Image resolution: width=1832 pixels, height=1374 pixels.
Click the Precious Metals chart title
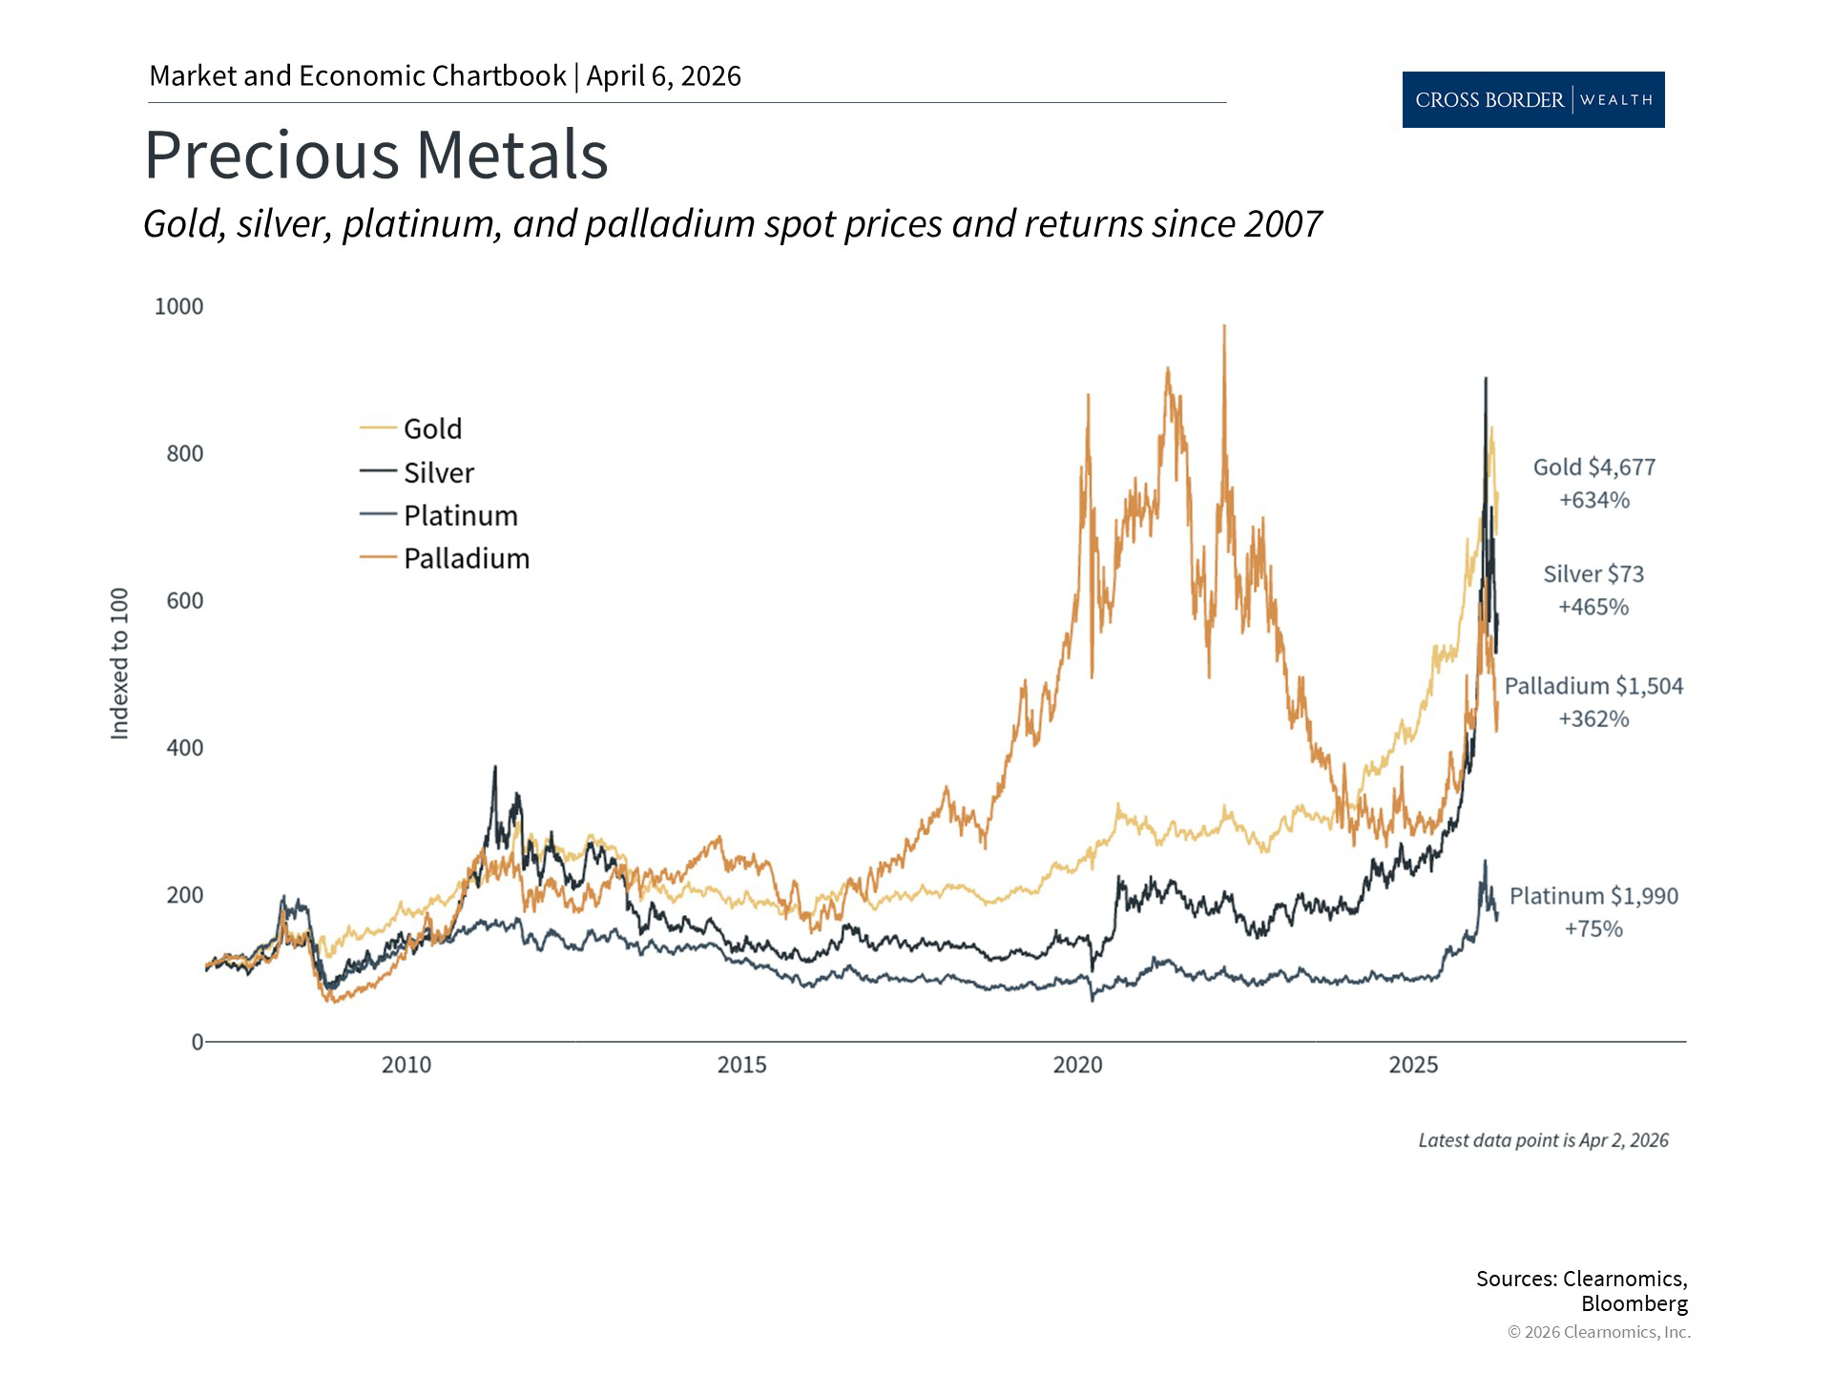click(x=376, y=155)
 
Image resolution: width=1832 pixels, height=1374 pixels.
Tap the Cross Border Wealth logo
click(x=1532, y=99)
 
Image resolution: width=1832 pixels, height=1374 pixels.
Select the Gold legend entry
click(x=431, y=429)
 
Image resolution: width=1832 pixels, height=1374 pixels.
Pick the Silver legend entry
click(x=438, y=472)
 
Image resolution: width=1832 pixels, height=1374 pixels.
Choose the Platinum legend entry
click(x=460, y=515)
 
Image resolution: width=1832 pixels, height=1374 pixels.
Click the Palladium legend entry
click(x=466, y=558)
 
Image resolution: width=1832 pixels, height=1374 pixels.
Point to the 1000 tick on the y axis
click(x=178, y=306)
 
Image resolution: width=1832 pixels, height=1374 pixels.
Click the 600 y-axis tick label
click(x=184, y=600)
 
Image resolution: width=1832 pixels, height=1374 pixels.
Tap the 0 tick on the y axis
click(x=197, y=1042)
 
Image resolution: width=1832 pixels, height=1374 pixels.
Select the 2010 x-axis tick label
click(x=406, y=1065)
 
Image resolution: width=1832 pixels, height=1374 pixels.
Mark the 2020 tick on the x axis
click(x=1077, y=1065)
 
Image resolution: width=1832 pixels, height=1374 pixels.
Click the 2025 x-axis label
click(x=1413, y=1065)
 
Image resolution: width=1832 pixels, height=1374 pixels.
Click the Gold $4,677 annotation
click(x=1593, y=468)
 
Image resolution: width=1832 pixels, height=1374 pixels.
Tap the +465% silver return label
click(x=1593, y=607)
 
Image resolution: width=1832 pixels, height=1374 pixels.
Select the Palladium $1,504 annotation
click(x=1593, y=686)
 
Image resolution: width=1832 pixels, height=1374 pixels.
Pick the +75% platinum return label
click(x=1593, y=928)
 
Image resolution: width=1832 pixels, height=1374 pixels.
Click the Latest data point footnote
click(x=1543, y=1140)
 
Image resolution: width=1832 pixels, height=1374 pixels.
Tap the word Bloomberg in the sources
click(x=1634, y=1303)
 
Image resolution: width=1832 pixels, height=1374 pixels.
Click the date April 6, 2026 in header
click(x=663, y=76)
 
